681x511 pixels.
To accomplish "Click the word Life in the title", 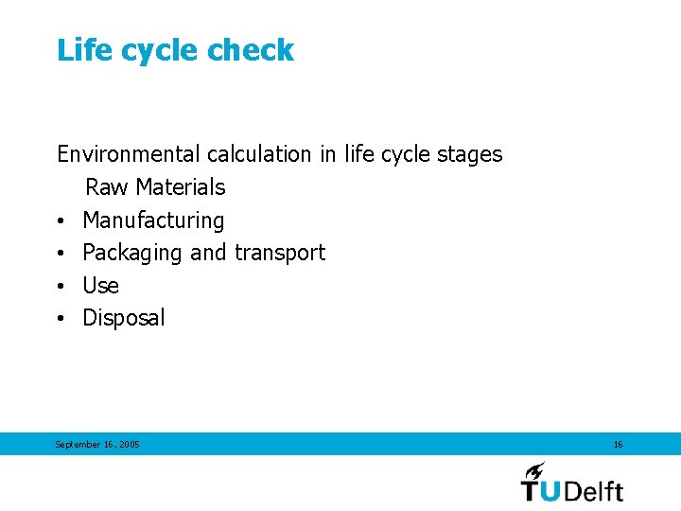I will point(79,50).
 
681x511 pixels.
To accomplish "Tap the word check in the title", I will point(253,50).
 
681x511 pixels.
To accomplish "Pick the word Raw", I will point(107,187).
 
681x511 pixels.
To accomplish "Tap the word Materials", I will point(181,187).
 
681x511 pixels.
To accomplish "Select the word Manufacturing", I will point(153,220).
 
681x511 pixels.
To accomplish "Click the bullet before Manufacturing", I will point(60,221).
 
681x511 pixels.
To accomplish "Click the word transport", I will point(280,253).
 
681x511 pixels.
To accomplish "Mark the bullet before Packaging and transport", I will point(60,254).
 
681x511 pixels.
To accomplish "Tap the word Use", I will point(100,286).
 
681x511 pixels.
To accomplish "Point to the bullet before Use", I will point(60,287).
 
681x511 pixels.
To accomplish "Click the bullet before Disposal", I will point(60,319).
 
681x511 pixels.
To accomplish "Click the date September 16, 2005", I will point(97,444).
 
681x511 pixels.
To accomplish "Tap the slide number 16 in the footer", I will point(618,444).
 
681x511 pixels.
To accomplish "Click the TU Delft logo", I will point(572,482).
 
